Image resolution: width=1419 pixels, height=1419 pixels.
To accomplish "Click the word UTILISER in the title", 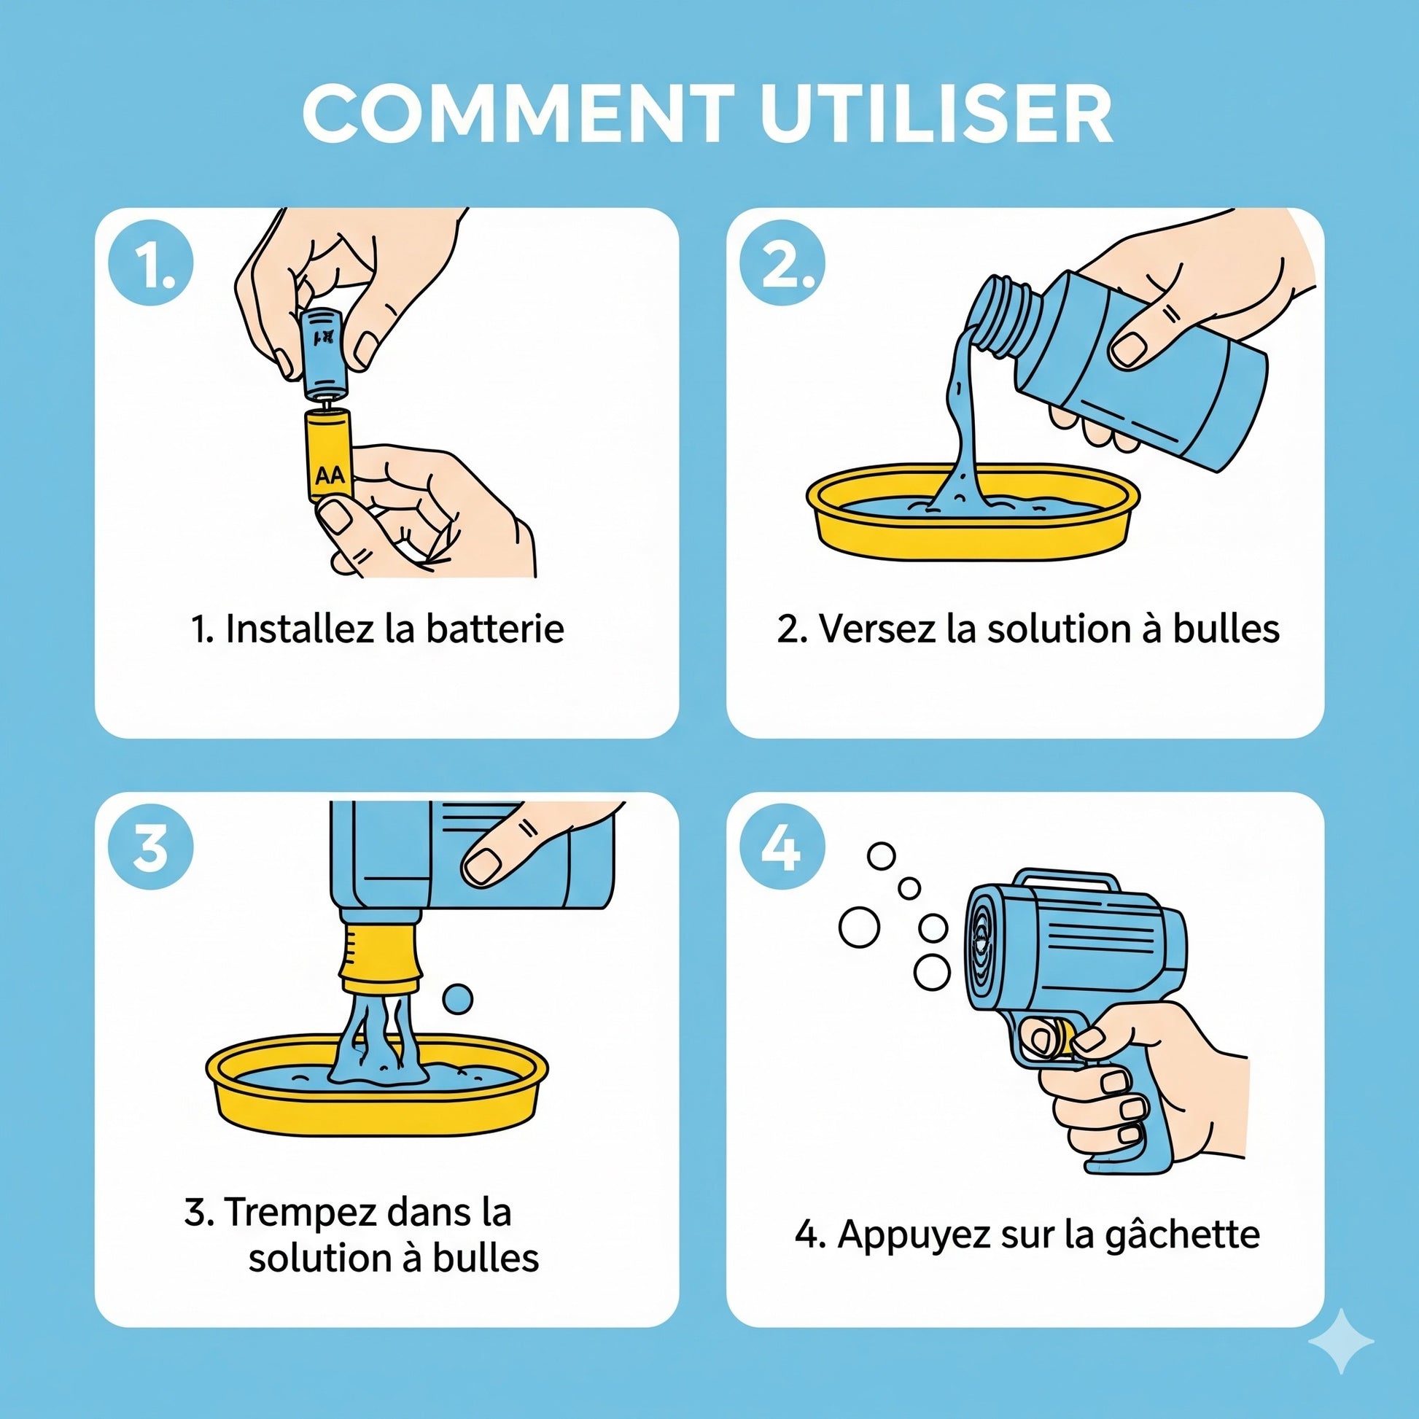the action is [936, 113].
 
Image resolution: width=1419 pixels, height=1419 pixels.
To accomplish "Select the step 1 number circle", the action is [151, 263].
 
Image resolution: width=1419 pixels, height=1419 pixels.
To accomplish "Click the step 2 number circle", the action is [782, 263].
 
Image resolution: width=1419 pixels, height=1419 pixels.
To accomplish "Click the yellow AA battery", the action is [330, 455].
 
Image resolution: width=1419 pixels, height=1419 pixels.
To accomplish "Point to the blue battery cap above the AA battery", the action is [324, 352].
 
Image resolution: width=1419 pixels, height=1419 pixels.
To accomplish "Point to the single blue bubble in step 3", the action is [459, 998].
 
